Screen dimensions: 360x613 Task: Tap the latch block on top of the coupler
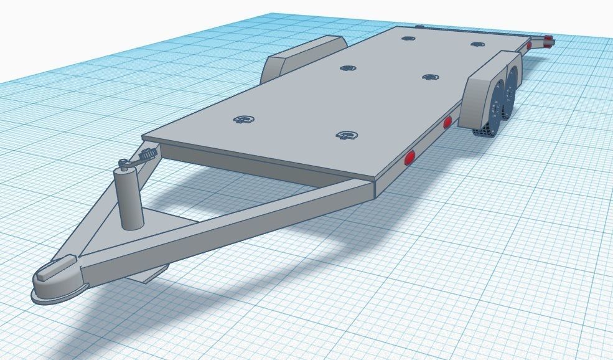(x=49, y=270)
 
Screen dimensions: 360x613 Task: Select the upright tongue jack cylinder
(x=130, y=199)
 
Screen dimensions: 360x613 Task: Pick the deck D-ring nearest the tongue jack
(x=244, y=120)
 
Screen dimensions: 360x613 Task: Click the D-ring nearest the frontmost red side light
(x=347, y=135)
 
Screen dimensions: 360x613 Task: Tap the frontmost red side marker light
(x=409, y=158)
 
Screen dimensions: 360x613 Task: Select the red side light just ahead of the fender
(x=447, y=123)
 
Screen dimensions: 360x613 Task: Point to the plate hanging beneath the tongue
(x=156, y=272)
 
